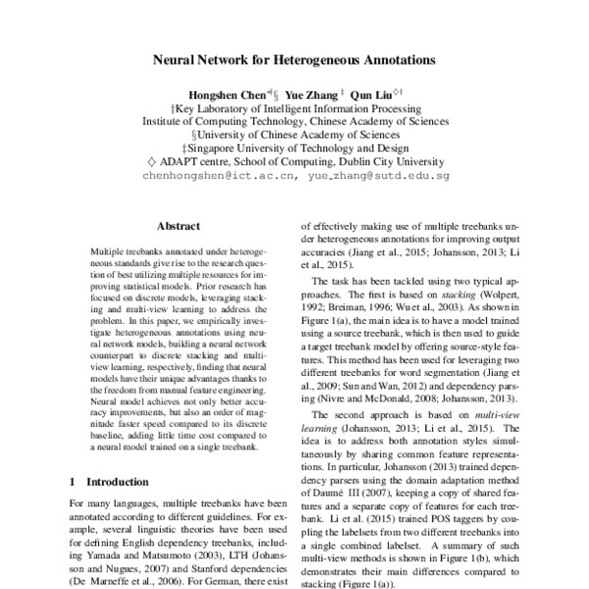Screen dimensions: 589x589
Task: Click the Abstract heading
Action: [178, 225]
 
